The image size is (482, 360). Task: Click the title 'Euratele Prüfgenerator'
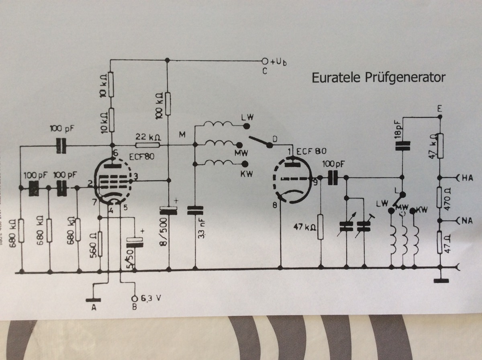point(378,77)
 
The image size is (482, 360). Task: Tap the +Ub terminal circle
point(264,61)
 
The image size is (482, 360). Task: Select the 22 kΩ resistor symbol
point(147,145)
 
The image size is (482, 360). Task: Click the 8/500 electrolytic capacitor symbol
point(168,210)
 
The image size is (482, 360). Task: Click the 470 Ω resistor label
point(450,198)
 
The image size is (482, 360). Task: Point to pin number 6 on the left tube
point(115,153)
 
